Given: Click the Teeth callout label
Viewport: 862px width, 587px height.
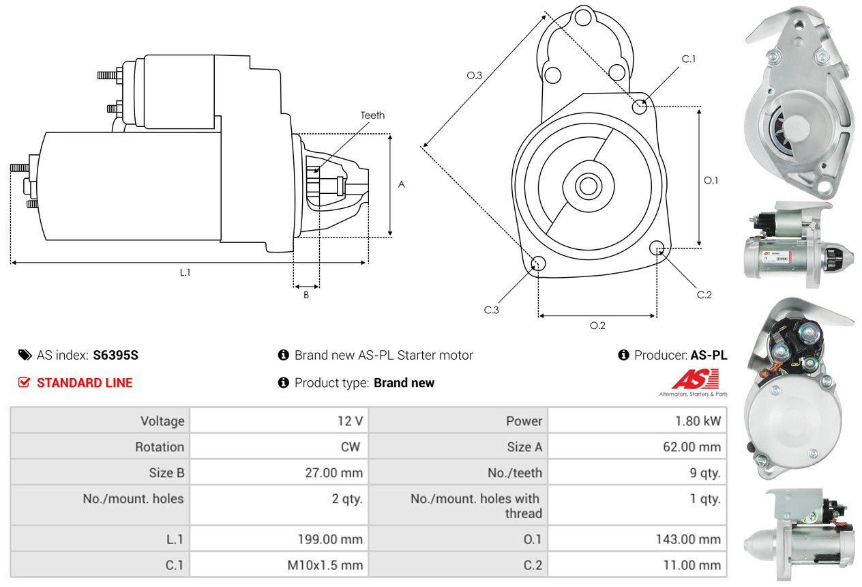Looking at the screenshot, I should (x=372, y=115).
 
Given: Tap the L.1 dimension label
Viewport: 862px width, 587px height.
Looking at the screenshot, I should (x=185, y=272).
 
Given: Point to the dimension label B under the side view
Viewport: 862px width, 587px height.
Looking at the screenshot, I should (x=306, y=296).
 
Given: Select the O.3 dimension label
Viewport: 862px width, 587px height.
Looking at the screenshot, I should (x=475, y=76).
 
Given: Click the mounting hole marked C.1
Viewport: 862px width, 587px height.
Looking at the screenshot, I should (x=640, y=106).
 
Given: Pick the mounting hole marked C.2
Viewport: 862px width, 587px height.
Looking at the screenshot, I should (x=657, y=247).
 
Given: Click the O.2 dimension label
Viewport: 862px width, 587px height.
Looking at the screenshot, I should (x=597, y=326).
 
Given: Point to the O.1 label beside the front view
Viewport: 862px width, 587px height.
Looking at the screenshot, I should (x=711, y=180).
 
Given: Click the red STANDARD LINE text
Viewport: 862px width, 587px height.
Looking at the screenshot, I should (x=85, y=383).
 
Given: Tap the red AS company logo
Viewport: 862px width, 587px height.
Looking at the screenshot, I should (x=695, y=379).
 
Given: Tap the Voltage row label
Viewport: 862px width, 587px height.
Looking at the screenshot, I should (x=162, y=421).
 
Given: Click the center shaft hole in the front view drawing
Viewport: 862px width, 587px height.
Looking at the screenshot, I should (x=586, y=186).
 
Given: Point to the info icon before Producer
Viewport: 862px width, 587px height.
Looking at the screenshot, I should (x=623, y=355).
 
